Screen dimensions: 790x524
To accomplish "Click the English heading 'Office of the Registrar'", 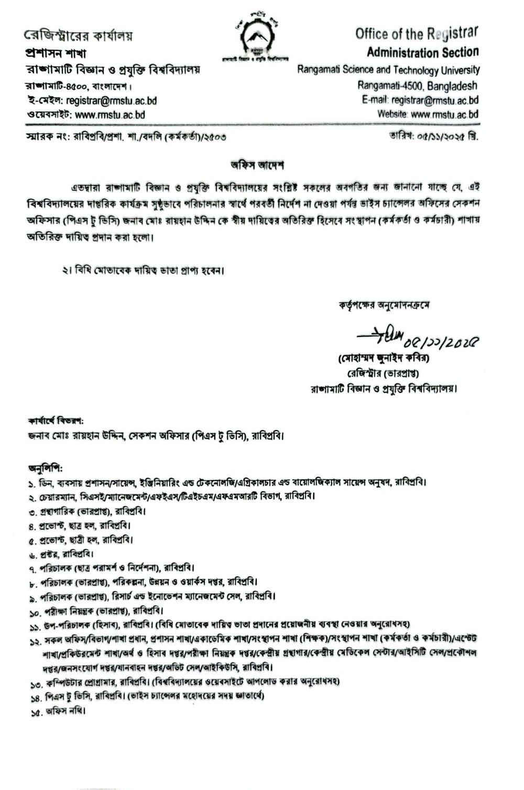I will coord(417,34).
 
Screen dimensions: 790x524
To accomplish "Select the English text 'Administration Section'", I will coord(422,52).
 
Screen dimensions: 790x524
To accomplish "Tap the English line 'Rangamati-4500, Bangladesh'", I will coord(418,85).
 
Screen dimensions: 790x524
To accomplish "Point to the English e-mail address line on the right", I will coord(420,100).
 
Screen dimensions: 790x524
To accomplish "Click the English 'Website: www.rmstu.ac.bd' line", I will coord(428,114).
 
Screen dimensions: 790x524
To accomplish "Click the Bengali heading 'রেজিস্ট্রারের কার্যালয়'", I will coord(79,36).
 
